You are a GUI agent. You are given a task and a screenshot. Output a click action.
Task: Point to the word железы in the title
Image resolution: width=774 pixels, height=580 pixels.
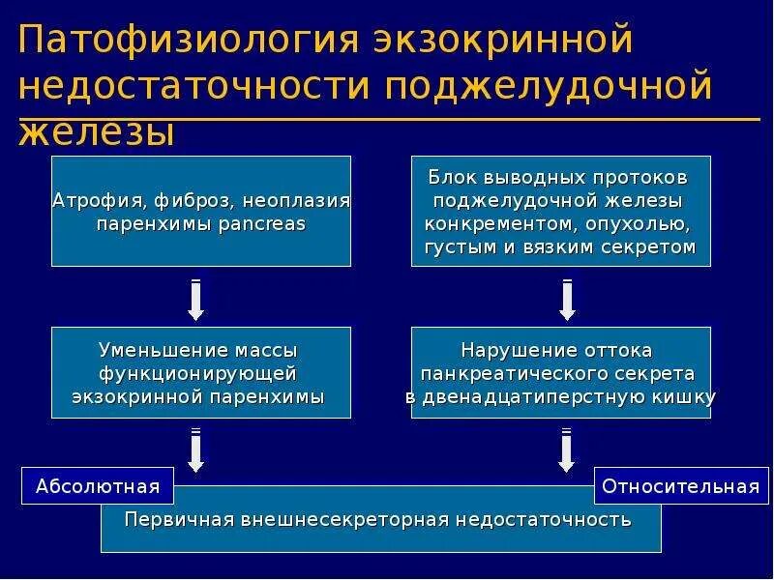click(96, 131)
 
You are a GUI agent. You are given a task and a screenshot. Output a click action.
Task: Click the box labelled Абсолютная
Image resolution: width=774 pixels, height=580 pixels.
click(97, 485)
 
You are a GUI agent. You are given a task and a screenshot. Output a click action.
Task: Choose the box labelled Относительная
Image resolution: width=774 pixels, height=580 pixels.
click(681, 485)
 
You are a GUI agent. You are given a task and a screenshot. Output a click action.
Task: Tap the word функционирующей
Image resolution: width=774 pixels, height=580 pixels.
click(198, 372)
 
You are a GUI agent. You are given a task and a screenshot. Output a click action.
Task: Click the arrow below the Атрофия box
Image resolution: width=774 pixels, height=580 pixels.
click(195, 300)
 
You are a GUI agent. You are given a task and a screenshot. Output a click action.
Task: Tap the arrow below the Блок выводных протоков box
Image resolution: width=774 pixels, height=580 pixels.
click(567, 300)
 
